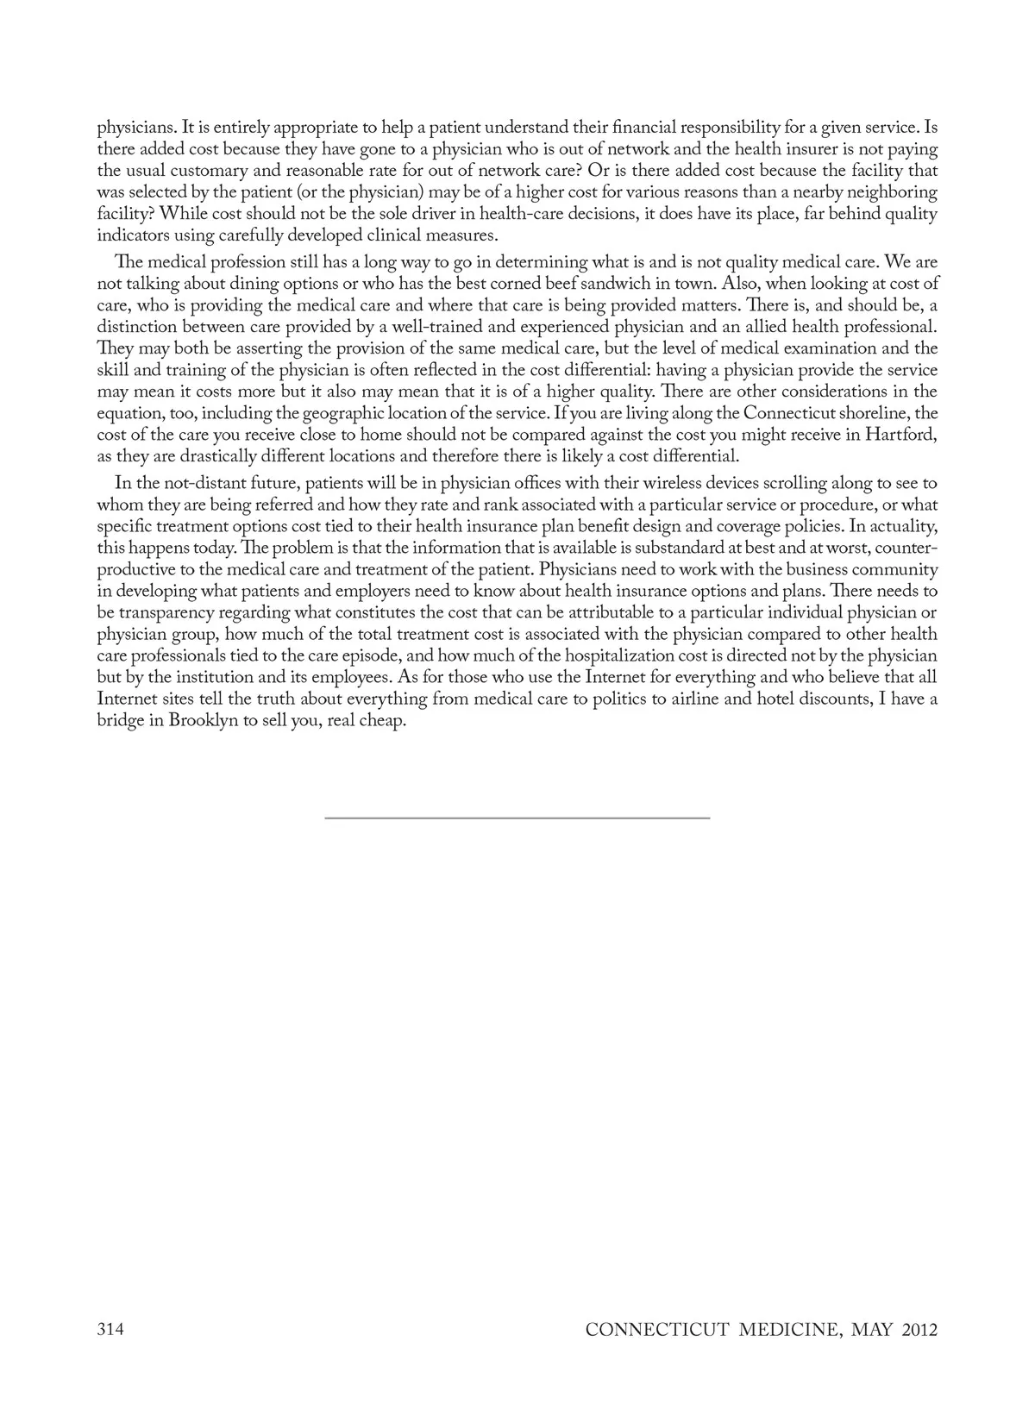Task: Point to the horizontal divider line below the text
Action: pos(517,817)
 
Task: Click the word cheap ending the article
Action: pos(384,721)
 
